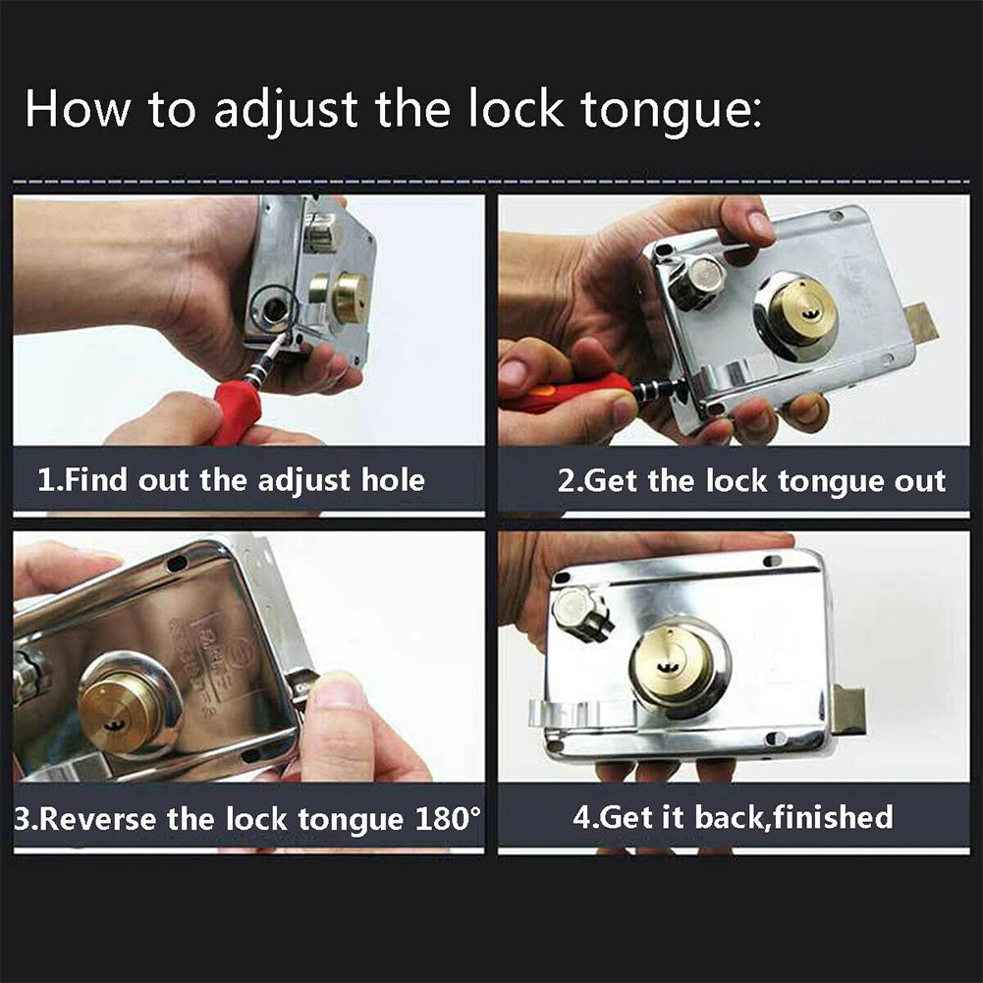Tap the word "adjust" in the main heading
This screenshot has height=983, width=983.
click(286, 109)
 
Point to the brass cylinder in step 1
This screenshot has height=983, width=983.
click(348, 297)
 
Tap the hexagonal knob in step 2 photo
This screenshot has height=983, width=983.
click(698, 283)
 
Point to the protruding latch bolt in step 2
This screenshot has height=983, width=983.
click(920, 324)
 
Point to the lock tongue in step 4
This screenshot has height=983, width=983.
click(850, 711)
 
